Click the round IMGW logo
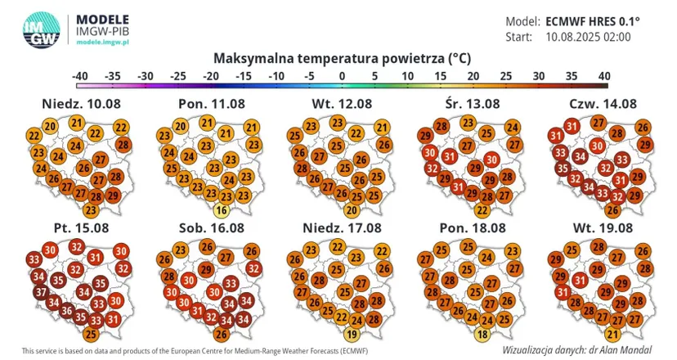41,30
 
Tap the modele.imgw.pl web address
102,43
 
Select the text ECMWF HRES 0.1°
593,21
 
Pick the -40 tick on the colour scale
80,76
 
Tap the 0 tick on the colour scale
342,76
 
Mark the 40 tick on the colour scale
604,76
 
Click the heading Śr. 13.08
473,104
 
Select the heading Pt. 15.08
81,227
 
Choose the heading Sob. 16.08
212,227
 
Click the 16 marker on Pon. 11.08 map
221,210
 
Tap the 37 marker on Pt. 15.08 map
41,292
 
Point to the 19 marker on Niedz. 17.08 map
352,334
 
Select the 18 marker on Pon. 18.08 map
482,334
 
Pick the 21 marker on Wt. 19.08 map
612,334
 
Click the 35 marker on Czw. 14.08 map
563,168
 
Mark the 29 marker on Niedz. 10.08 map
112,195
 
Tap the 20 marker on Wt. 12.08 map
352,210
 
